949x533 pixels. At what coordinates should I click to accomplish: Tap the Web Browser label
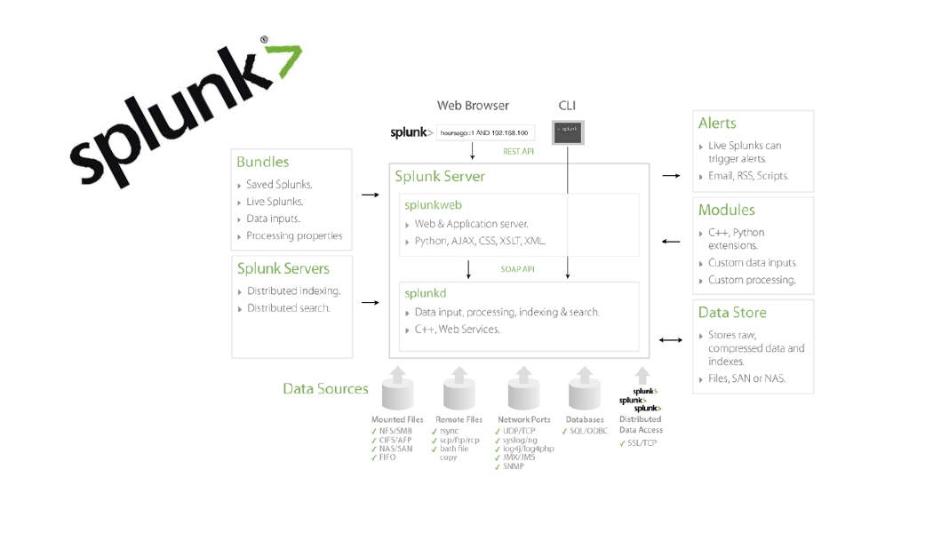(x=473, y=106)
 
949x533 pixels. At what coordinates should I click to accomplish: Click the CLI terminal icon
(x=568, y=131)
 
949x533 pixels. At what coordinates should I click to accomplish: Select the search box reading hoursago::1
(x=484, y=133)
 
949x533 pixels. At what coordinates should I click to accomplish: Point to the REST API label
(x=518, y=152)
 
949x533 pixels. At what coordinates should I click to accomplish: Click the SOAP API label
(x=517, y=269)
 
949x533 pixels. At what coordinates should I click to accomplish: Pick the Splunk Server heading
(x=440, y=177)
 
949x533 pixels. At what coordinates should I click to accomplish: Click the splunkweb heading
(x=433, y=205)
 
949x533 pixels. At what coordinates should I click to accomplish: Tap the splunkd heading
(x=425, y=293)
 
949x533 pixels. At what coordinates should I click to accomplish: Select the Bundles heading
(x=262, y=162)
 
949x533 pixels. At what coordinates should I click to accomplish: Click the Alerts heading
(x=717, y=123)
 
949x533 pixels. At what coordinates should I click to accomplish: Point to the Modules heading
(x=726, y=211)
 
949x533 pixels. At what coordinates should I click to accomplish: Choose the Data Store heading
(x=731, y=313)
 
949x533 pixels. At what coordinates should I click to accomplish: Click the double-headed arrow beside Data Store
(x=671, y=339)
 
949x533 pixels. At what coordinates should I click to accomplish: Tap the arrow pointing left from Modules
(x=671, y=242)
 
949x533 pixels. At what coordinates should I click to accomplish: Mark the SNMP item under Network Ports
(x=513, y=466)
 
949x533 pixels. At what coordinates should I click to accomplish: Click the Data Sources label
(x=325, y=389)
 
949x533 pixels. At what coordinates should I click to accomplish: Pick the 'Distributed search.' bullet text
(x=288, y=308)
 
